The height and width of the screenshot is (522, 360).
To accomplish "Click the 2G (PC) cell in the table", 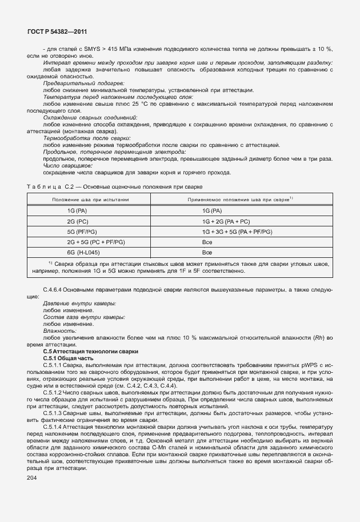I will (77, 221).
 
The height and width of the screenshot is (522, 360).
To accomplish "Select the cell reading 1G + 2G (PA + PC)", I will (226, 221).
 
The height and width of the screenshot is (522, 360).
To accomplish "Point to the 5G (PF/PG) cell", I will (81, 232).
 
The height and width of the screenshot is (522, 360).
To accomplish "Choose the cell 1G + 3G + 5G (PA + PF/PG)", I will (237, 232).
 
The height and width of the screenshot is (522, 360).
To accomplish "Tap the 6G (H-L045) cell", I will (81, 252).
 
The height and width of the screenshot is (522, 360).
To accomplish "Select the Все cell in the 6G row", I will (207, 252).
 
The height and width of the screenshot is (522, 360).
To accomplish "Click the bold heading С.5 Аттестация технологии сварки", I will (90, 350).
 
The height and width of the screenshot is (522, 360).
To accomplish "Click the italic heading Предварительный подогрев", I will (79, 83).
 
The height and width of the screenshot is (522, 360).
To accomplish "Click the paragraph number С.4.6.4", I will (55, 290).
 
